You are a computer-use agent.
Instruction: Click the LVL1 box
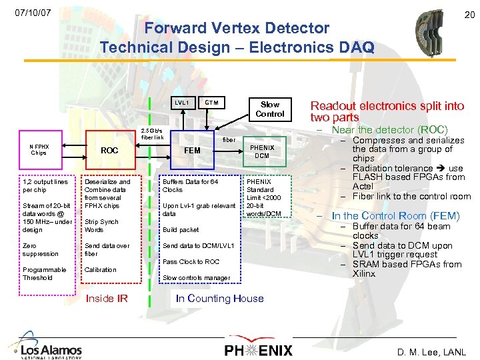tap(181, 103)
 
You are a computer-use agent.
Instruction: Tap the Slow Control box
tap(270, 109)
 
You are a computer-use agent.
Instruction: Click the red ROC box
tap(109, 151)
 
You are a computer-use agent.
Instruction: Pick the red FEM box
tap(192, 151)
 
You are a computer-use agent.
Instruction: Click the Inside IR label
tap(107, 299)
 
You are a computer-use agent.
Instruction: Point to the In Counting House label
tap(220, 299)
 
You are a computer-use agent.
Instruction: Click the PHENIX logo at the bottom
tap(257, 349)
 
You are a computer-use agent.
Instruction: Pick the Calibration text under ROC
tap(100, 269)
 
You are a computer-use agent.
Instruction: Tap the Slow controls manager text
tap(196, 277)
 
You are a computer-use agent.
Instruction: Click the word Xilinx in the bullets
tap(364, 273)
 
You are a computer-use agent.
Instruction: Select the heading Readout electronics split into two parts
tap(387, 111)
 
